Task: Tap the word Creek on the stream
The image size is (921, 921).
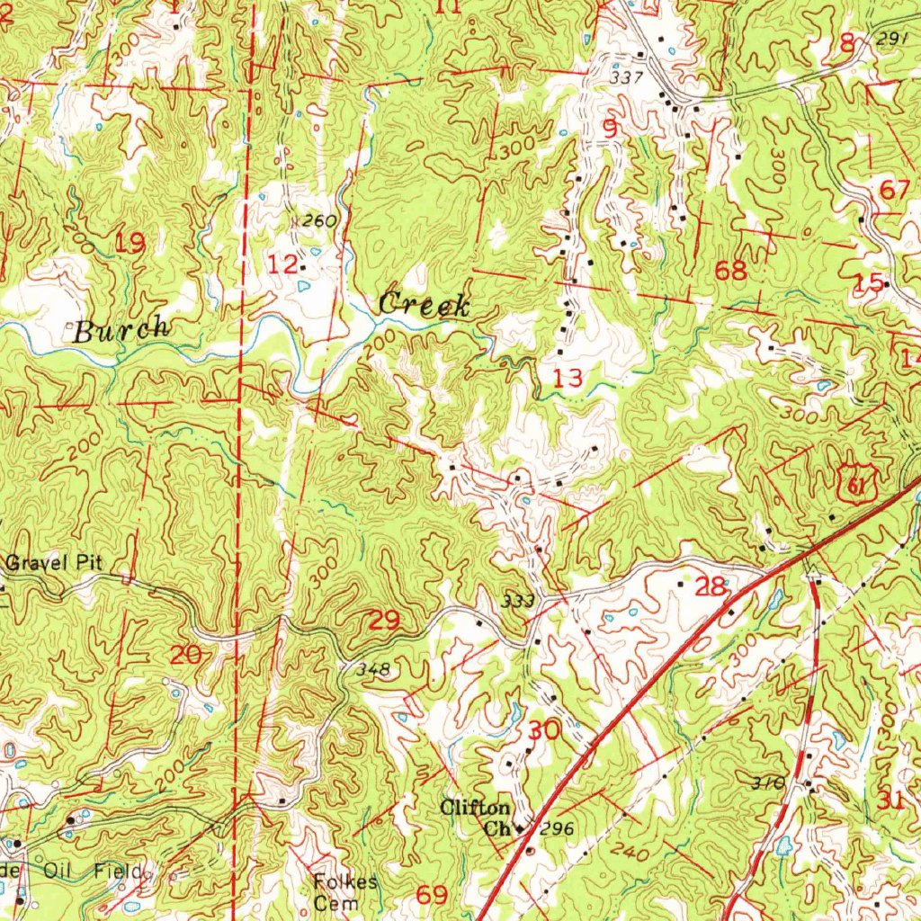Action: tap(424, 305)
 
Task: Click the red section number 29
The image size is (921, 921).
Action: tap(384, 620)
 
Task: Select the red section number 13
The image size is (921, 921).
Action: tap(568, 378)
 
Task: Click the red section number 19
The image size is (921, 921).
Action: tap(130, 241)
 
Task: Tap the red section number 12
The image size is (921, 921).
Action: tap(283, 264)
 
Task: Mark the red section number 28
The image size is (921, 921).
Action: tap(711, 587)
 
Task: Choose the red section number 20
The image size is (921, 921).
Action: tap(186, 656)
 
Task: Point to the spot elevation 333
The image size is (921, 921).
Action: tap(521, 601)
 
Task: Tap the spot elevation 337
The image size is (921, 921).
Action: tap(626, 78)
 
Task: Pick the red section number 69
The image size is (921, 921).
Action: tap(433, 894)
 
